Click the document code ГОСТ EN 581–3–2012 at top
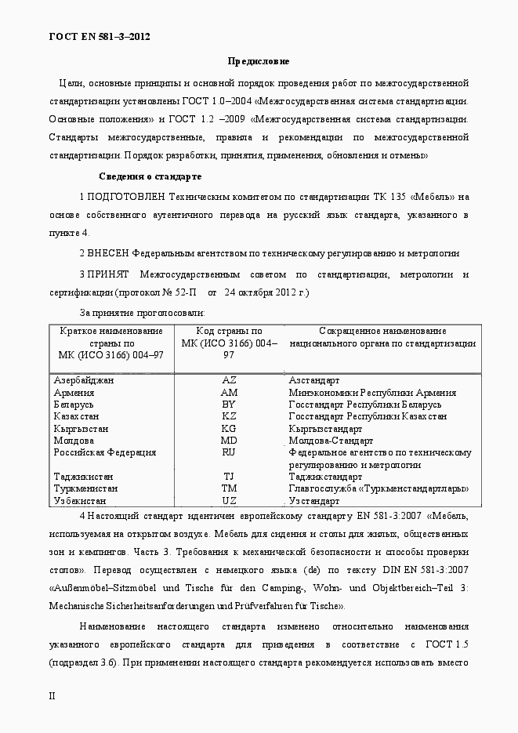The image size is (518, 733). pyautogui.click(x=100, y=36)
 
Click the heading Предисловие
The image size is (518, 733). pyautogui.click(x=259, y=61)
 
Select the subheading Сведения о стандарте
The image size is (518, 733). pyautogui.click(x=150, y=176)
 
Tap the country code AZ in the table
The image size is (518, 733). pyautogui.click(x=229, y=379)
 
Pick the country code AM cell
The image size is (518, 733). pyautogui.click(x=229, y=392)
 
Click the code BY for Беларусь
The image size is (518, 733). pyautogui.click(x=229, y=405)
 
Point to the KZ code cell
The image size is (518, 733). pyautogui.click(x=229, y=416)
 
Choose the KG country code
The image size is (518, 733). pyautogui.click(x=229, y=429)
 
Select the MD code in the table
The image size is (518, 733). pyautogui.click(x=229, y=441)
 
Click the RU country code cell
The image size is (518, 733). pyautogui.click(x=229, y=452)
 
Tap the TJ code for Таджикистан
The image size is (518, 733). pyautogui.click(x=229, y=477)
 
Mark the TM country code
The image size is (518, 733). pyautogui.click(x=229, y=488)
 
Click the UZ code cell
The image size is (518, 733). pyautogui.click(x=229, y=501)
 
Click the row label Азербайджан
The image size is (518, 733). pyautogui.click(x=84, y=379)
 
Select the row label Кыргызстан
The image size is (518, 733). pyautogui.click(x=81, y=429)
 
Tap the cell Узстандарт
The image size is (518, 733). pyautogui.click(x=314, y=501)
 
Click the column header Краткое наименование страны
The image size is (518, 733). pyautogui.click(x=110, y=343)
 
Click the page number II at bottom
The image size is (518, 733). pyautogui.click(x=52, y=696)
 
